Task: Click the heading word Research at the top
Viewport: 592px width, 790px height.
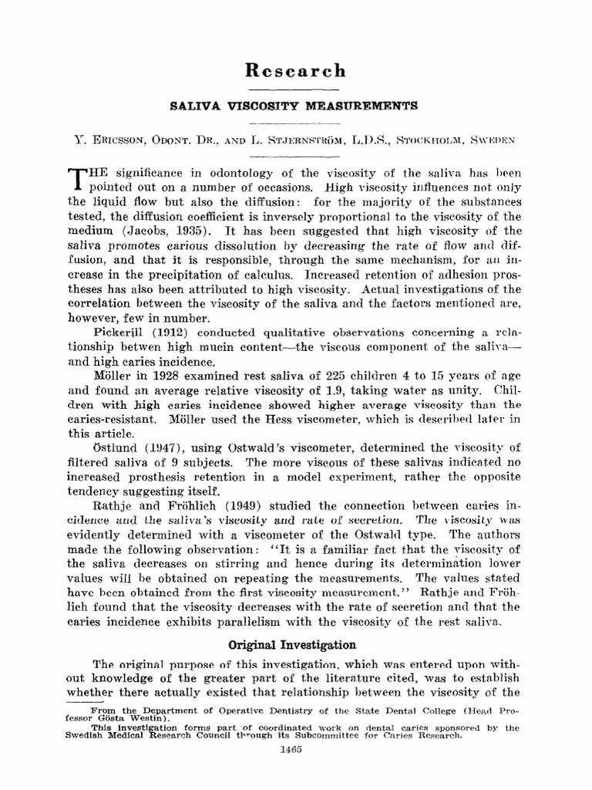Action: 296,72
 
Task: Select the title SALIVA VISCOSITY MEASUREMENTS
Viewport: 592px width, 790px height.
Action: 296,106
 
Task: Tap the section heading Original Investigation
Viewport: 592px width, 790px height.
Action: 295,644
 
